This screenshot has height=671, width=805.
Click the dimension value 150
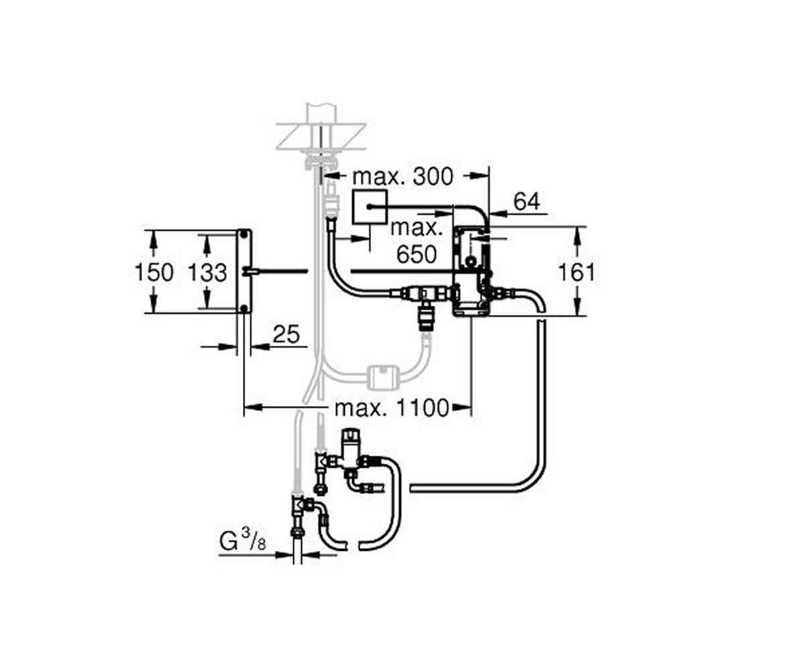[x=154, y=272]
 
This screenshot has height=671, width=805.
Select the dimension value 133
[x=207, y=272]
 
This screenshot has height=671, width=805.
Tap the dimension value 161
[x=577, y=272]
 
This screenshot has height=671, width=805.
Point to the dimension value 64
[x=527, y=201]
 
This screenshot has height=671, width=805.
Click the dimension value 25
[x=286, y=334]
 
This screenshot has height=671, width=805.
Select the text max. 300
[x=402, y=177]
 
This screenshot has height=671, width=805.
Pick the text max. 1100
[x=392, y=408]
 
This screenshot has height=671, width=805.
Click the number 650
[x=417, y=254]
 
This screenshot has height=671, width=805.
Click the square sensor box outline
[x=370, y=207]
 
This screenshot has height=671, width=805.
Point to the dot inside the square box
[x=370, y=207]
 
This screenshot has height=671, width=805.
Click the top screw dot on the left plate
[x=244, y=234]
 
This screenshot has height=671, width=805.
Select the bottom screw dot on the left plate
[x=244, y=308]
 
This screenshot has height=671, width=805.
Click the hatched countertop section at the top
[x=321, y=136]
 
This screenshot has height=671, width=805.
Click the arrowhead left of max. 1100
[x=254, y=407]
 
